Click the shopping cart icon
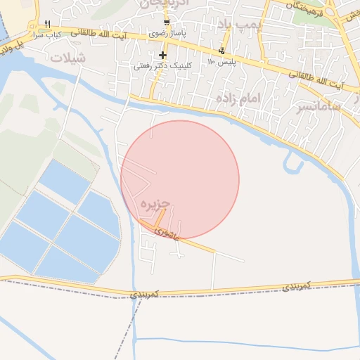point(166,22)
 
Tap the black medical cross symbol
point(163,55)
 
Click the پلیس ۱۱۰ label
point(220,61)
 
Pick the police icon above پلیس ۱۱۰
point(222,51)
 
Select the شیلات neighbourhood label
point(67,58)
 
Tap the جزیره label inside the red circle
point(155,203)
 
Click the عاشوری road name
point(169,233)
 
